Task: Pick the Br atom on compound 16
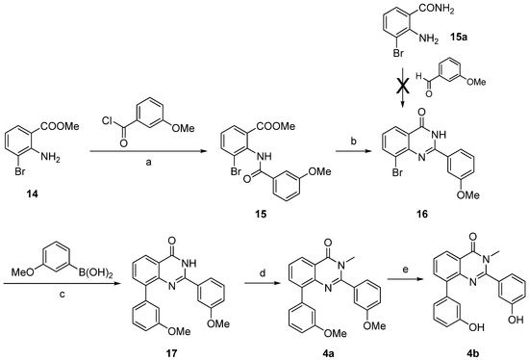pos(371,176)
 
